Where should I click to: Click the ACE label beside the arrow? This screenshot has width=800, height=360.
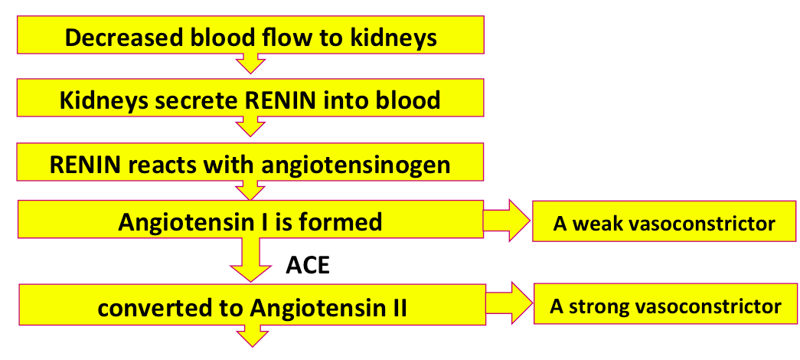pos(308,265)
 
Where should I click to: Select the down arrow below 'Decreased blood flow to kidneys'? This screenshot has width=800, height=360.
pos(250,64)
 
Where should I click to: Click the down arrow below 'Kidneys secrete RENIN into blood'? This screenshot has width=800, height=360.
pos(250,126)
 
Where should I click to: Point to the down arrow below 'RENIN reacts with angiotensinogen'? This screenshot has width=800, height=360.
pos(250,191)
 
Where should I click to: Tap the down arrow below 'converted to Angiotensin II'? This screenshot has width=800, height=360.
pos(252,336)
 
